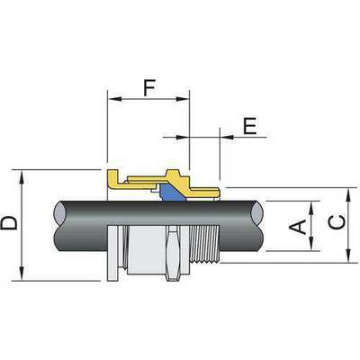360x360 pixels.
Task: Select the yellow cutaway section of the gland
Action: pos(153,180)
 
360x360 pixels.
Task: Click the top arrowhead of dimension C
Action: pos(346,193)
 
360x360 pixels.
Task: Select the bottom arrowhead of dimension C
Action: pos(346,260)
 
